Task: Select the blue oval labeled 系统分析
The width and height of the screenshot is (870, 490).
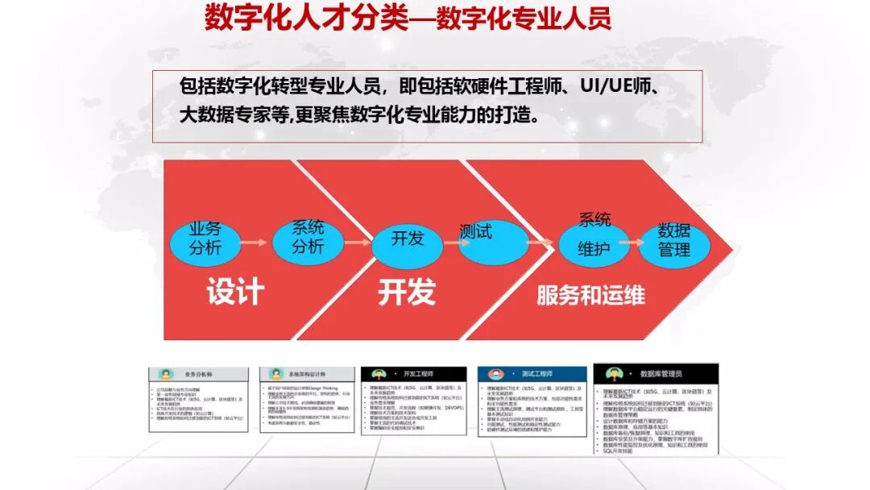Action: pos(307,239)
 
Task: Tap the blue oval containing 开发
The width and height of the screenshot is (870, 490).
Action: pos(407,240)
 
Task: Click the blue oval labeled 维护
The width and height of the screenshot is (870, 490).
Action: pos(594,244)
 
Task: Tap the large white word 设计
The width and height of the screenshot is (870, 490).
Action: pos(234,292)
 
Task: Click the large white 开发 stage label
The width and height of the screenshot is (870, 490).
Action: pos(407,292)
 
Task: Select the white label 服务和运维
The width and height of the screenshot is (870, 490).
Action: pos(590,295)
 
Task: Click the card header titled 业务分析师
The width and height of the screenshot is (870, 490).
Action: pos(198,375)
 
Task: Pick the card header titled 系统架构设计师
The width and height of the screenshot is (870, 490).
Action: pos(307,375)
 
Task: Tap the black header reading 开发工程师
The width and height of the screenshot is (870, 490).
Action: pos(418,375)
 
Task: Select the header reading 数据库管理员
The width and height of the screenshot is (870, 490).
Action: pos(661,374)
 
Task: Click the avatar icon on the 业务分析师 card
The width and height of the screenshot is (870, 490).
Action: pos(166,375)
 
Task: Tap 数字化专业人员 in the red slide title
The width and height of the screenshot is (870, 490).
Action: pos(524,18)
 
